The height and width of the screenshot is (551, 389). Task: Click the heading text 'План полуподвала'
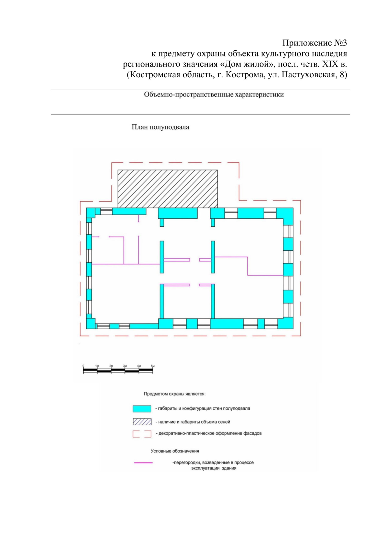tap(160, 127)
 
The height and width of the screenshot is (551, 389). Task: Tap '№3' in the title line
tap(340, 43)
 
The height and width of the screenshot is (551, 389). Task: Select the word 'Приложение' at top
tap(307, 43)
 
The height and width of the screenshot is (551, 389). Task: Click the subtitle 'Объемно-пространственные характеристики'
tap(214, 95)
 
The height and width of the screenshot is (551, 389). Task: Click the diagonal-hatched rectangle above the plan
tap(168, 189)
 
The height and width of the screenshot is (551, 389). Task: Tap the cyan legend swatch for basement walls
tap(142, 409)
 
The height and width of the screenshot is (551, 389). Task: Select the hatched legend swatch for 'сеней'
tap(142, 422)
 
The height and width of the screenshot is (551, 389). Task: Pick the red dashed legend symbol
tap(142, 434)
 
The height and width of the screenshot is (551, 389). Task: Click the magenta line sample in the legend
tap(143, 463)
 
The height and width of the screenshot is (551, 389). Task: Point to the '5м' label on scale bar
tap(153, 366)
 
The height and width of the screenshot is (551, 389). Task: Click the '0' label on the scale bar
tap(83, 366)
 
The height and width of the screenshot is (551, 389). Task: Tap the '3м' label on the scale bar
tap(125, 366)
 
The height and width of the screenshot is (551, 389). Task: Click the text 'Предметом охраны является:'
tap(175, 394)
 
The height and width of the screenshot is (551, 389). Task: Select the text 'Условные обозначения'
tap(175, 451)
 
